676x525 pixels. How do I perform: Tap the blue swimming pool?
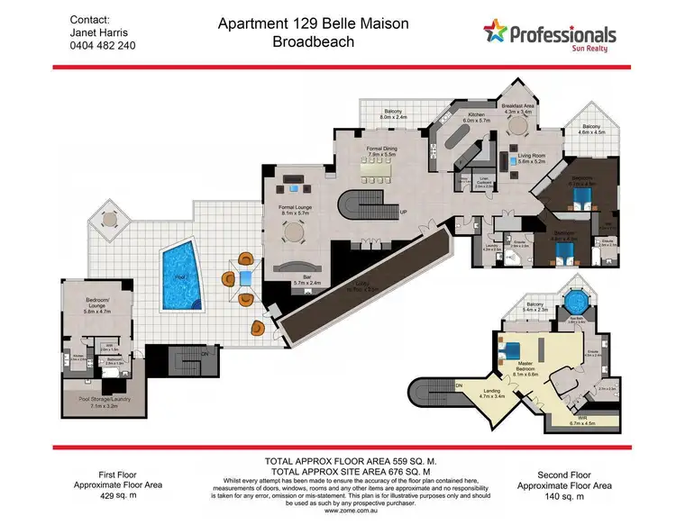[181, 275]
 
